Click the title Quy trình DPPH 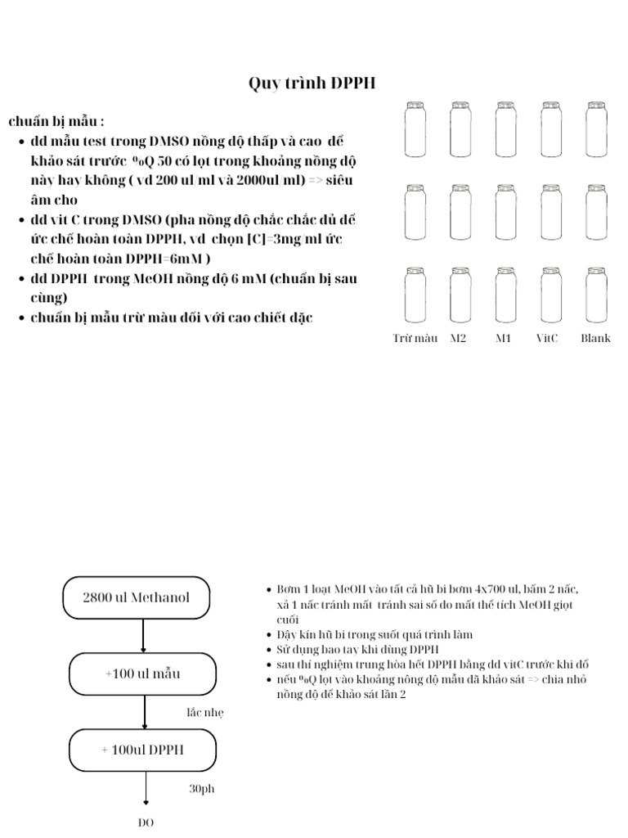click(x=312, y=83)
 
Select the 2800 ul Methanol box click(x=136, y=597)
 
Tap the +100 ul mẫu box click(x=142, y=674)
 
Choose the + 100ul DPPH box click(x=142, y=750)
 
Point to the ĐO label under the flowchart click(x=146, y=823)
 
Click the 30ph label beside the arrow click(x=201, y=790)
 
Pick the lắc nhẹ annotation click(x=204, y=713)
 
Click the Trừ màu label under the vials click(x=415, y=338)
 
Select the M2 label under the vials click(x=459, y=338)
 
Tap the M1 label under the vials click(x=504, y=338)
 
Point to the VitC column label click(x=547, y=338)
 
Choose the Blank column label click(x=595, y=338)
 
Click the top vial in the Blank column click(x=595, y=129)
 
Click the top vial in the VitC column click(x=549, y=129)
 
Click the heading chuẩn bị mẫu click(x=56, y=122)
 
